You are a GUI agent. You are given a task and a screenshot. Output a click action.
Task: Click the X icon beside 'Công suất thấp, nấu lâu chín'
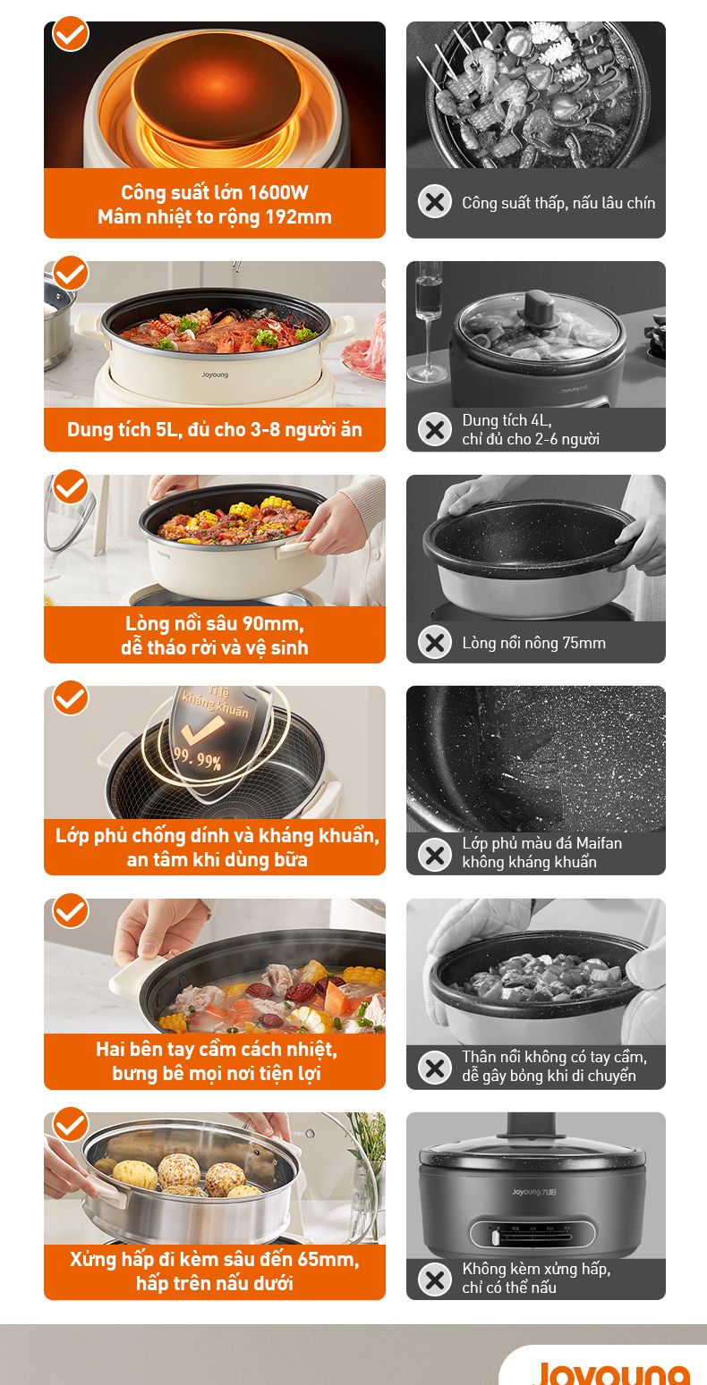point(435,201)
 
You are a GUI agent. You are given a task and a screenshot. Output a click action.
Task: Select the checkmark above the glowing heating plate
point(71,33)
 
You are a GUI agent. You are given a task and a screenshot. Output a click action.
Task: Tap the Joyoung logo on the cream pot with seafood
point(215,374)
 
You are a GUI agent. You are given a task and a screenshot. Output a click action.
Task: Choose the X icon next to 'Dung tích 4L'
point(435,429)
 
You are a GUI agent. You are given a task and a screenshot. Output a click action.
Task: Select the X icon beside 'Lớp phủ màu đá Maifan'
point(435,855)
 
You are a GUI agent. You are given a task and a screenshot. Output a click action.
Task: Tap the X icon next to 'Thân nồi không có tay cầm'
point(435,1068)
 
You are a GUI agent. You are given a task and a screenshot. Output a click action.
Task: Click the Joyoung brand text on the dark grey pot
point(534,1192)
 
